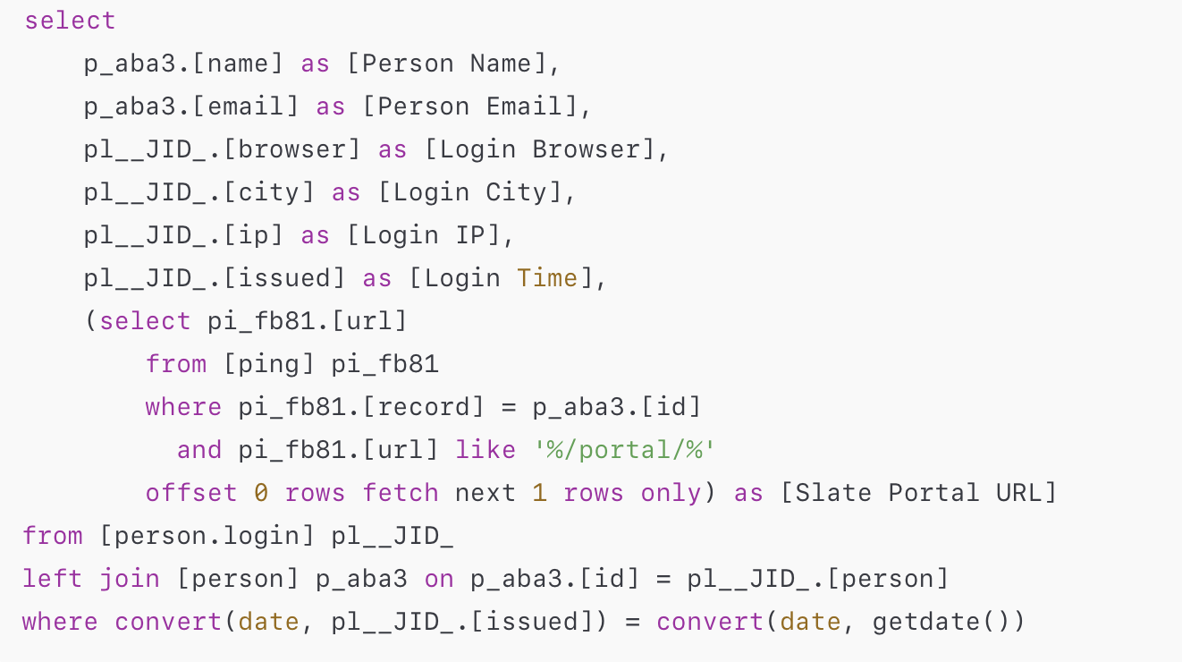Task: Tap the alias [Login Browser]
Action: (x=539, y=149)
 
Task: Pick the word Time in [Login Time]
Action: (x=547, y=278)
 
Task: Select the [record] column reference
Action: (x=424, y=407)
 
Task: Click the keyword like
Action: (x=485, y=450)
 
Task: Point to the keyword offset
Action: (x=191, y=493)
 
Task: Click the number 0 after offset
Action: (x=261, y=493)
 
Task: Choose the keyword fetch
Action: (x=400, y=493)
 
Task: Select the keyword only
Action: (x=671, y=493)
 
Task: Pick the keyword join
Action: (x=130, y=579)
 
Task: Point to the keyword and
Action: (x=199, y=450)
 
